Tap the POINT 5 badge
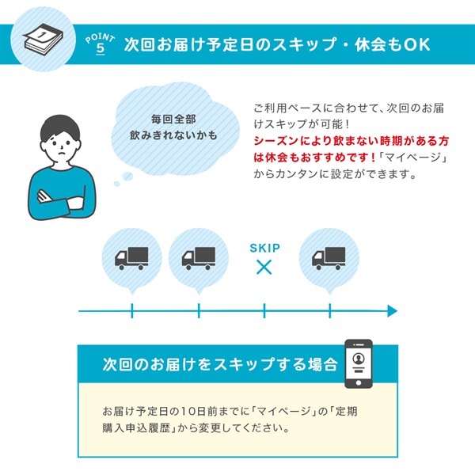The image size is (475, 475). (100, 43)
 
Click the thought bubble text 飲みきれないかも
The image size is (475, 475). (174, 135)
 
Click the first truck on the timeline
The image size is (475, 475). (131, 256)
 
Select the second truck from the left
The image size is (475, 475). (199, 256)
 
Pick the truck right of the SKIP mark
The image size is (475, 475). (329, 256)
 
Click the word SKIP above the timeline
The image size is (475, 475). (264, 248)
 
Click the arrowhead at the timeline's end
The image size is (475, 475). (390, 311)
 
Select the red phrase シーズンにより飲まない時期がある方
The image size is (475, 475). (351, 140)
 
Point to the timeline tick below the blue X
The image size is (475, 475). (264, 311)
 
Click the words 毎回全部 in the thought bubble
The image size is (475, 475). (173, 120)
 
